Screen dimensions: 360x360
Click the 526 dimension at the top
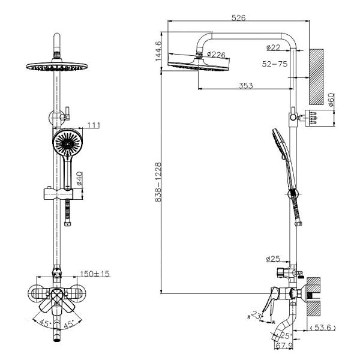[238, 18]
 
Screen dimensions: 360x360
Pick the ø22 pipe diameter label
[274, 47]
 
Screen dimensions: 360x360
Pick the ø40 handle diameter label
[80, 178]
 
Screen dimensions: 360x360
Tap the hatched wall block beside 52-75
[317, 74]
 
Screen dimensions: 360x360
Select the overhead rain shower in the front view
[58, 66]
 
